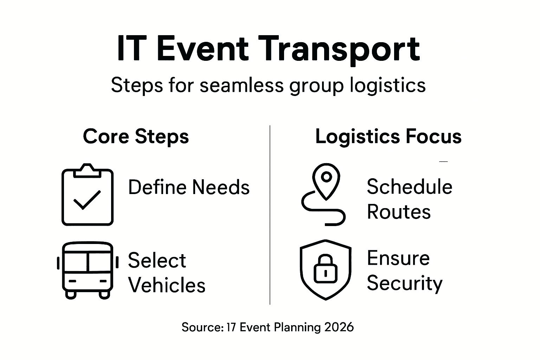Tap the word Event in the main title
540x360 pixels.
[x=202, y=48]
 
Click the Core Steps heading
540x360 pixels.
[x=136, y=136]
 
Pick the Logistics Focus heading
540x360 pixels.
[x=388, y=136]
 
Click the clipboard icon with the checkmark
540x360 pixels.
[x=88, y=194]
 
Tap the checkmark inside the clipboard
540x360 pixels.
[x=87, y=200]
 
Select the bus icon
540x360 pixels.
[x=88, y=270]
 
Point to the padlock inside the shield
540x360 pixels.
[x=326, y=269]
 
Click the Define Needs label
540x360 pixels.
[x=189, y=187]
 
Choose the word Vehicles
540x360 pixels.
[x=167, y=285]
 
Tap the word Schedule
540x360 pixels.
[x=409, y=187]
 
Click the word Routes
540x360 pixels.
[x=399, y=212]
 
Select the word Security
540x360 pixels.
[x=405, y=284]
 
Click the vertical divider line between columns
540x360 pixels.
[x=270, y=215]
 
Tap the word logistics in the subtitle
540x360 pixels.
[x=388, y=85]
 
